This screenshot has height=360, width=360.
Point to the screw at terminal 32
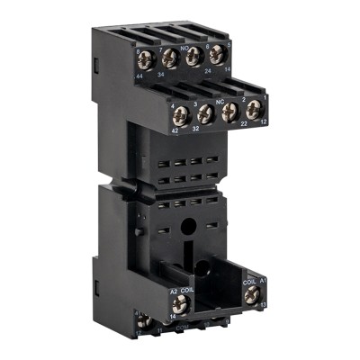pyautogui.click(x=204, y=113)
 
